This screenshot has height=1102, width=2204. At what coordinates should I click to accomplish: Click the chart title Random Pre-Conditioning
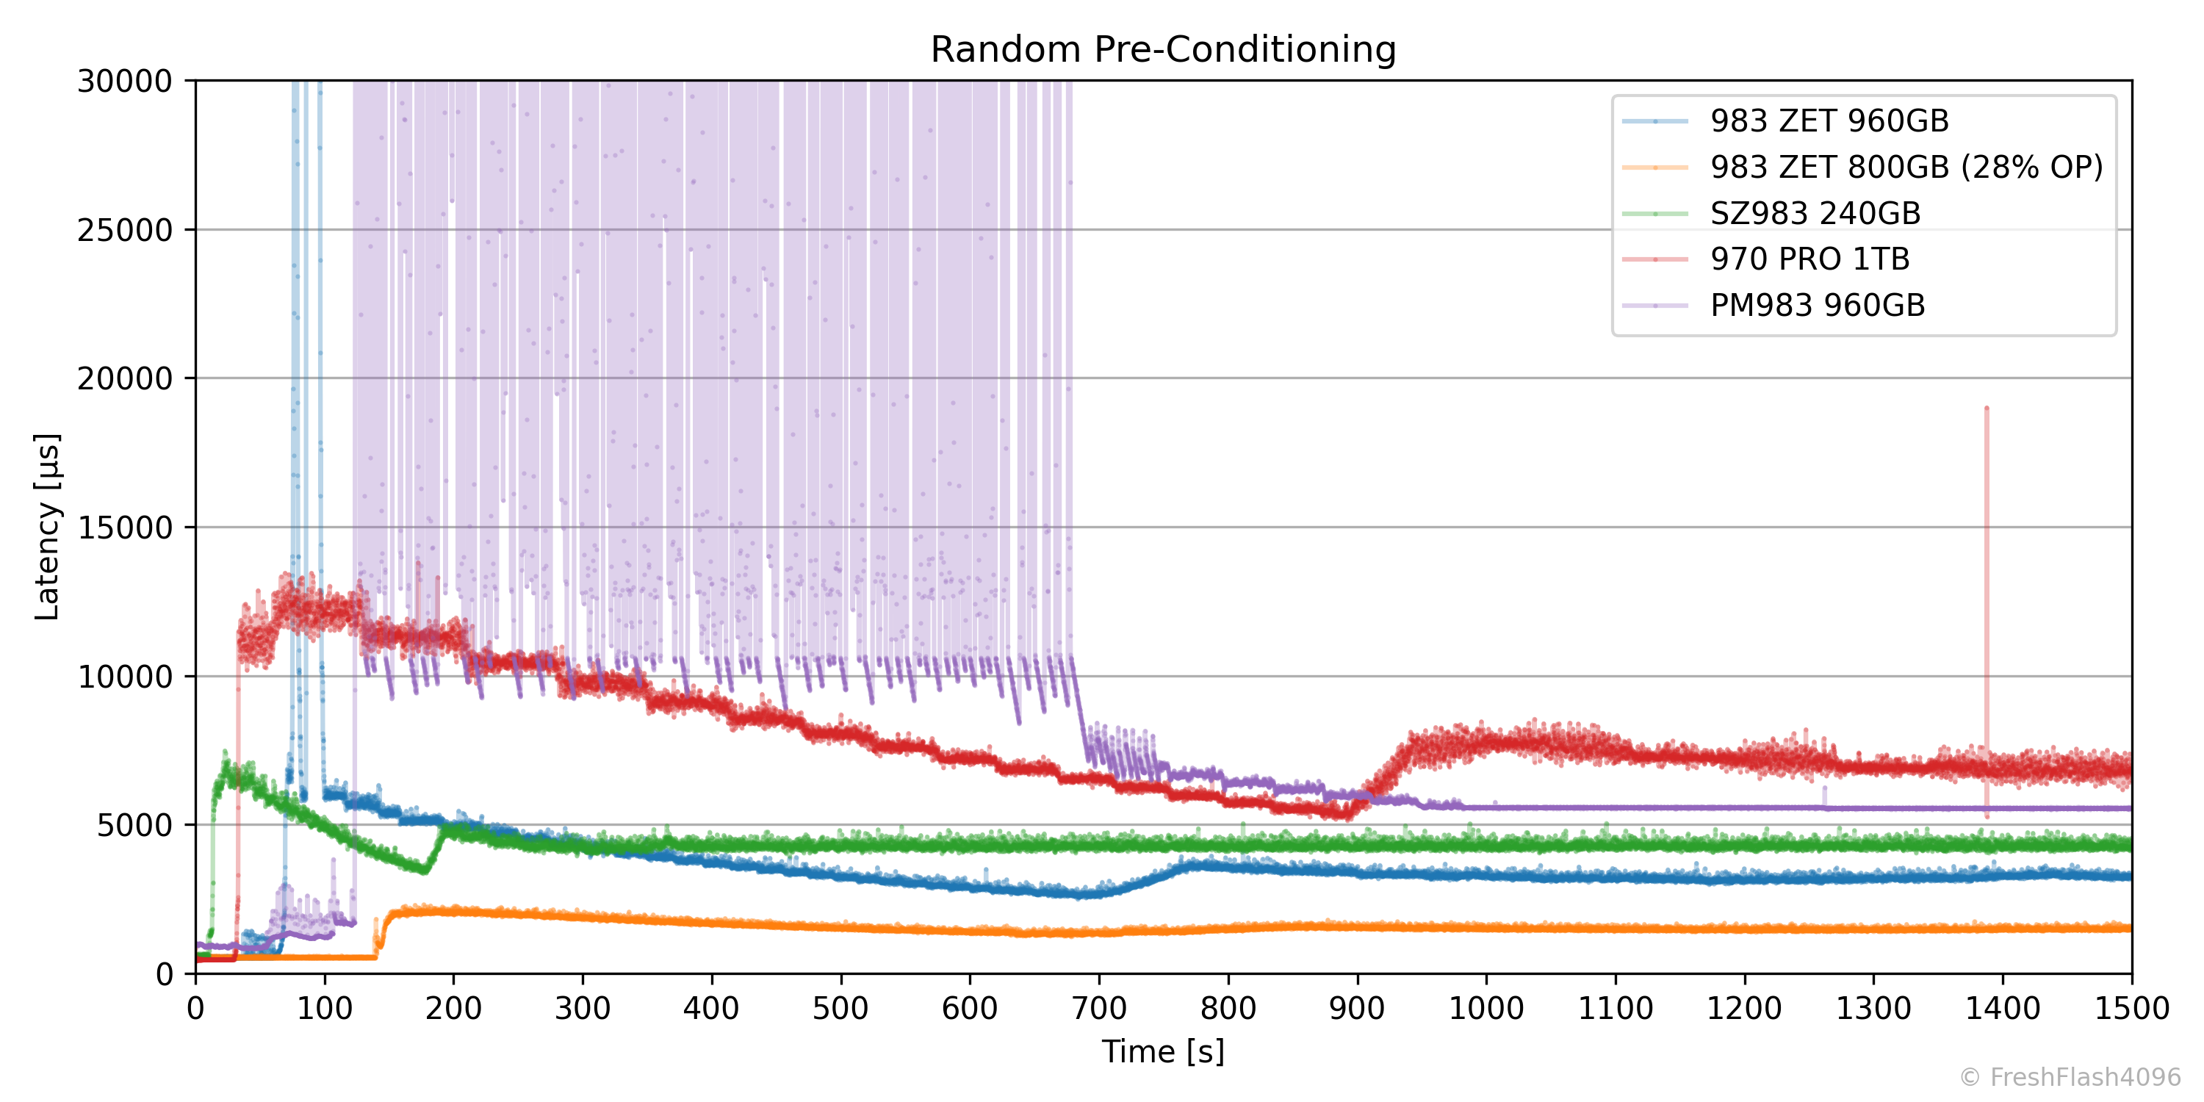[1163, 50]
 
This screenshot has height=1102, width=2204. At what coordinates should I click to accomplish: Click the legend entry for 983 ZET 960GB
[1829, 121]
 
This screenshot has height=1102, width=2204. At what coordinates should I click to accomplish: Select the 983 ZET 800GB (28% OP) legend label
[1906, 168]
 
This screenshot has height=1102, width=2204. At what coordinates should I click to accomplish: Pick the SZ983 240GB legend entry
[1815, 214]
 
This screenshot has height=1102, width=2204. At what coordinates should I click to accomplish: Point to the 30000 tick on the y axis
[125, 82]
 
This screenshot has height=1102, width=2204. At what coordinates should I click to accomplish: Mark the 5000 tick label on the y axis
[134, 826]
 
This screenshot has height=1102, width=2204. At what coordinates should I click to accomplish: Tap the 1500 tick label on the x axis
[2131, 1009]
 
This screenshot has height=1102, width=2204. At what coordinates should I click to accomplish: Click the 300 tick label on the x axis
[583, 1009]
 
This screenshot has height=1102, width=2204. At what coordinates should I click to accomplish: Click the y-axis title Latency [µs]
[47, 527]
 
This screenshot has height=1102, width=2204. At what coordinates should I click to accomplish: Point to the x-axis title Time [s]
[1163, 1051]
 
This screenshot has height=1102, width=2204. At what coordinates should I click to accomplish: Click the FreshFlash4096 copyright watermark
[2070, 1077]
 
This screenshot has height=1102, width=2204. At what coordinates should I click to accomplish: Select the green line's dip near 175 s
[423, 870]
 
